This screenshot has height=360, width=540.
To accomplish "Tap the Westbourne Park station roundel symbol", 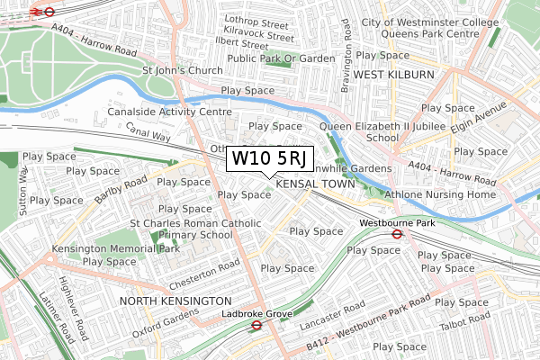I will (397, 234).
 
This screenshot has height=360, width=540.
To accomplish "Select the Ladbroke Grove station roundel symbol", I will (256, 327).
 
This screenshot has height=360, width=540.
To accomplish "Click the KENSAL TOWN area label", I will (316, 183).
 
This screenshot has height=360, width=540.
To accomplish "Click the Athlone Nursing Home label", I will (442, 194).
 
